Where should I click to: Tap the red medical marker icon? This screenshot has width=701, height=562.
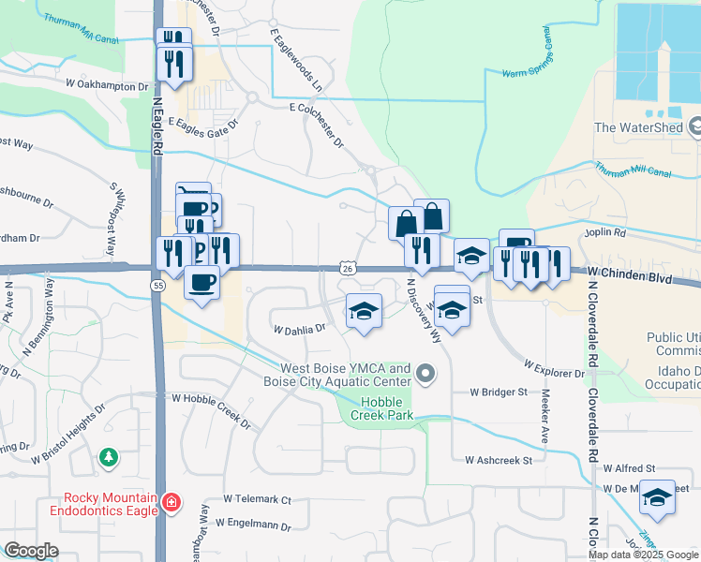(171, 503)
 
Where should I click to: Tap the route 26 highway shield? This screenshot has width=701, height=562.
(347, 269)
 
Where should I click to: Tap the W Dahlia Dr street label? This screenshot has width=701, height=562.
(299, 329)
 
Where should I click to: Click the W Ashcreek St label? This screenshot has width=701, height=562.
(498, 460)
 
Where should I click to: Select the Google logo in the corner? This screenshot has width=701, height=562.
(32, 551)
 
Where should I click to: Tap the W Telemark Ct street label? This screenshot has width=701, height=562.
(258, 500)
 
